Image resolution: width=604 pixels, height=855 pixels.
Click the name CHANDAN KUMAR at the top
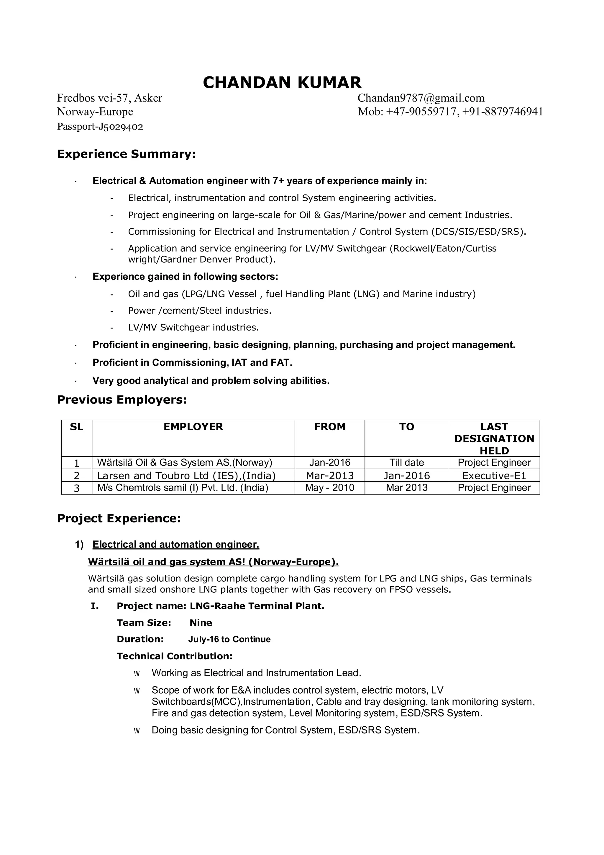[x=282, y=83]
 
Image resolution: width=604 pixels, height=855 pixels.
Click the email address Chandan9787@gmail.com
[x=421, y=98]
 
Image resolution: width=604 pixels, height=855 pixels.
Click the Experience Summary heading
[x=126, y=154]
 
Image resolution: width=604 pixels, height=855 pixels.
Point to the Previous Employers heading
[x=122, y=400]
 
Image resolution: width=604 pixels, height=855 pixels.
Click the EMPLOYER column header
[x=193, y=427]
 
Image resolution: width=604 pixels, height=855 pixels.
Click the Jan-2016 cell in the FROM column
[x=329, y=462]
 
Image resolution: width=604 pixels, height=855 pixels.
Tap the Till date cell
[x=406, y=462]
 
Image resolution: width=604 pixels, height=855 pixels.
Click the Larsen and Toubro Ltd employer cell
[x=186, y=475]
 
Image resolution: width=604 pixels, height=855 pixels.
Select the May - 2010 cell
[x=329, y=488]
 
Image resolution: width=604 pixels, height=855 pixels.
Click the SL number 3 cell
[x=77, y=488]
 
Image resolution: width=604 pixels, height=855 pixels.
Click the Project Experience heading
[x=119, y=518]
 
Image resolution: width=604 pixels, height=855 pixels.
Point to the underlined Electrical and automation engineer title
[x=176, y=545]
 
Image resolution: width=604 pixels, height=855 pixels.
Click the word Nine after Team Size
[x=201, y=623]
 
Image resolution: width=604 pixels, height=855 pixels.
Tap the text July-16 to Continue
[x=229, y=639]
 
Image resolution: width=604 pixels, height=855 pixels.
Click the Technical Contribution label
[x=175, y=656]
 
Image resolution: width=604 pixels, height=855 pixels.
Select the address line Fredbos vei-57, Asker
[x=109, y=98]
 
